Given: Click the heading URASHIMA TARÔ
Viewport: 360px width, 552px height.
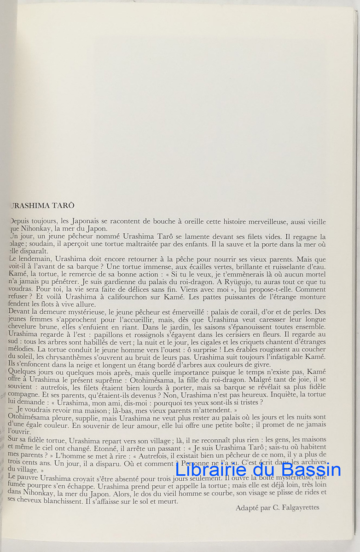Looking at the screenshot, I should (41, 206).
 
